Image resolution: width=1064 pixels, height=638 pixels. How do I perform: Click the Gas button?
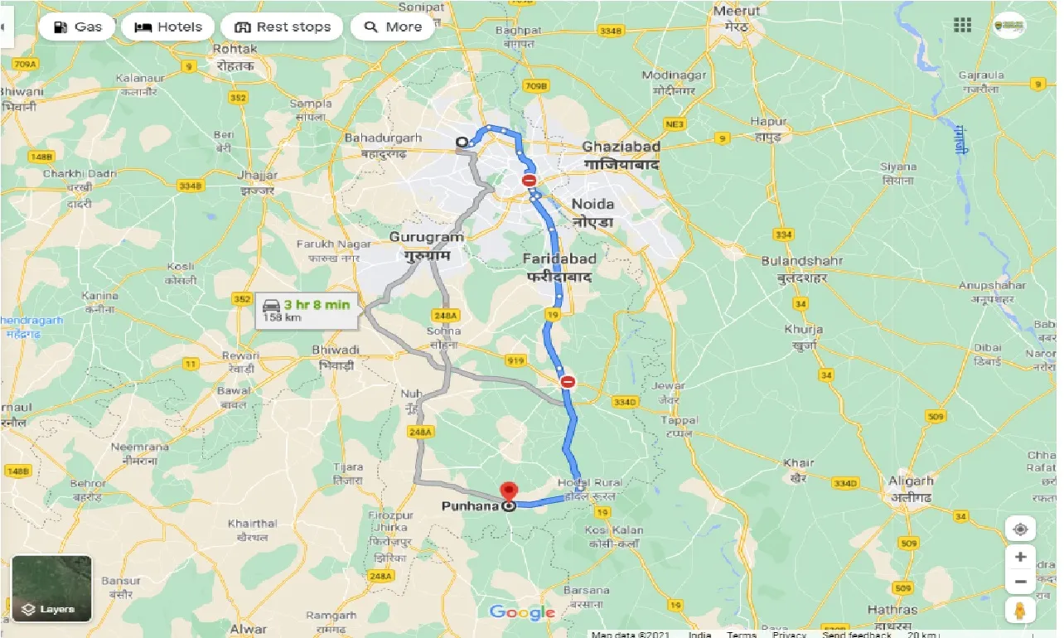tap(77, 27)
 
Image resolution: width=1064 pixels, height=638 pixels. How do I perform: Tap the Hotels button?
tap(168, 27)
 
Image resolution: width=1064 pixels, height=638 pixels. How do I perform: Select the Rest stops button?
tap(283, 27)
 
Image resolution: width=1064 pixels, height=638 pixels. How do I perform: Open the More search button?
tap(393, 27)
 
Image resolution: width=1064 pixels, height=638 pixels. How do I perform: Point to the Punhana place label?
tap(469, 505)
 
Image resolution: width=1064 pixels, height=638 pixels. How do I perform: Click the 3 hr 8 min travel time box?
tap(307, 310)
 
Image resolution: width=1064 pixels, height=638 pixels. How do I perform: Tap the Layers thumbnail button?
tap(51, 588)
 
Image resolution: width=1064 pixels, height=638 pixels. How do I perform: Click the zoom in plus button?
tap(1020, 557)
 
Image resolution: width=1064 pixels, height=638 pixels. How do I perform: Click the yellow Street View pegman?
tap(1020, 610)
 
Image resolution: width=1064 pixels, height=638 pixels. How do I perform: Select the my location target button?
tap(1020, 529)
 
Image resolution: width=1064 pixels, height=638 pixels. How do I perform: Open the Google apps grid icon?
tap(962, 25)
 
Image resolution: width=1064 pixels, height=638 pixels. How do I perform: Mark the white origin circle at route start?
tap(462, 143)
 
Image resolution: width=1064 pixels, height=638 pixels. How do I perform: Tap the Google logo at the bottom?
tap(522, 613)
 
